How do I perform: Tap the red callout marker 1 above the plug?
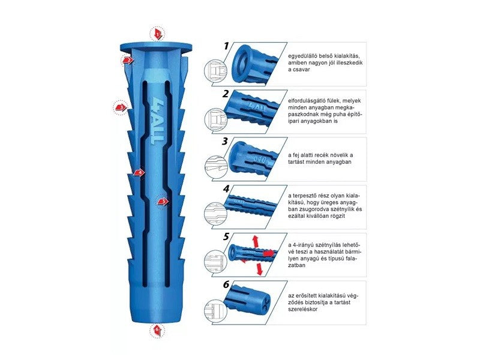157,34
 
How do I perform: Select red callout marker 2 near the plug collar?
128,61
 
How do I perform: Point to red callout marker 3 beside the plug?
121,107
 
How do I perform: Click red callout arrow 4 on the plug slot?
139,173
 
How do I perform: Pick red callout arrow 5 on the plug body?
163,202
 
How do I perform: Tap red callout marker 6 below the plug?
157,330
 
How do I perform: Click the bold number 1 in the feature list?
226,46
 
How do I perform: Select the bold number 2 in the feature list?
226,94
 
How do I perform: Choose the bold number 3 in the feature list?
226,141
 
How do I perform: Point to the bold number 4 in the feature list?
226,189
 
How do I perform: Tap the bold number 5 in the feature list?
226,236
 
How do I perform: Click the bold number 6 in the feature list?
226,284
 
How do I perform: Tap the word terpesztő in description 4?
307,196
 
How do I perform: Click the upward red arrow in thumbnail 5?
254,242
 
